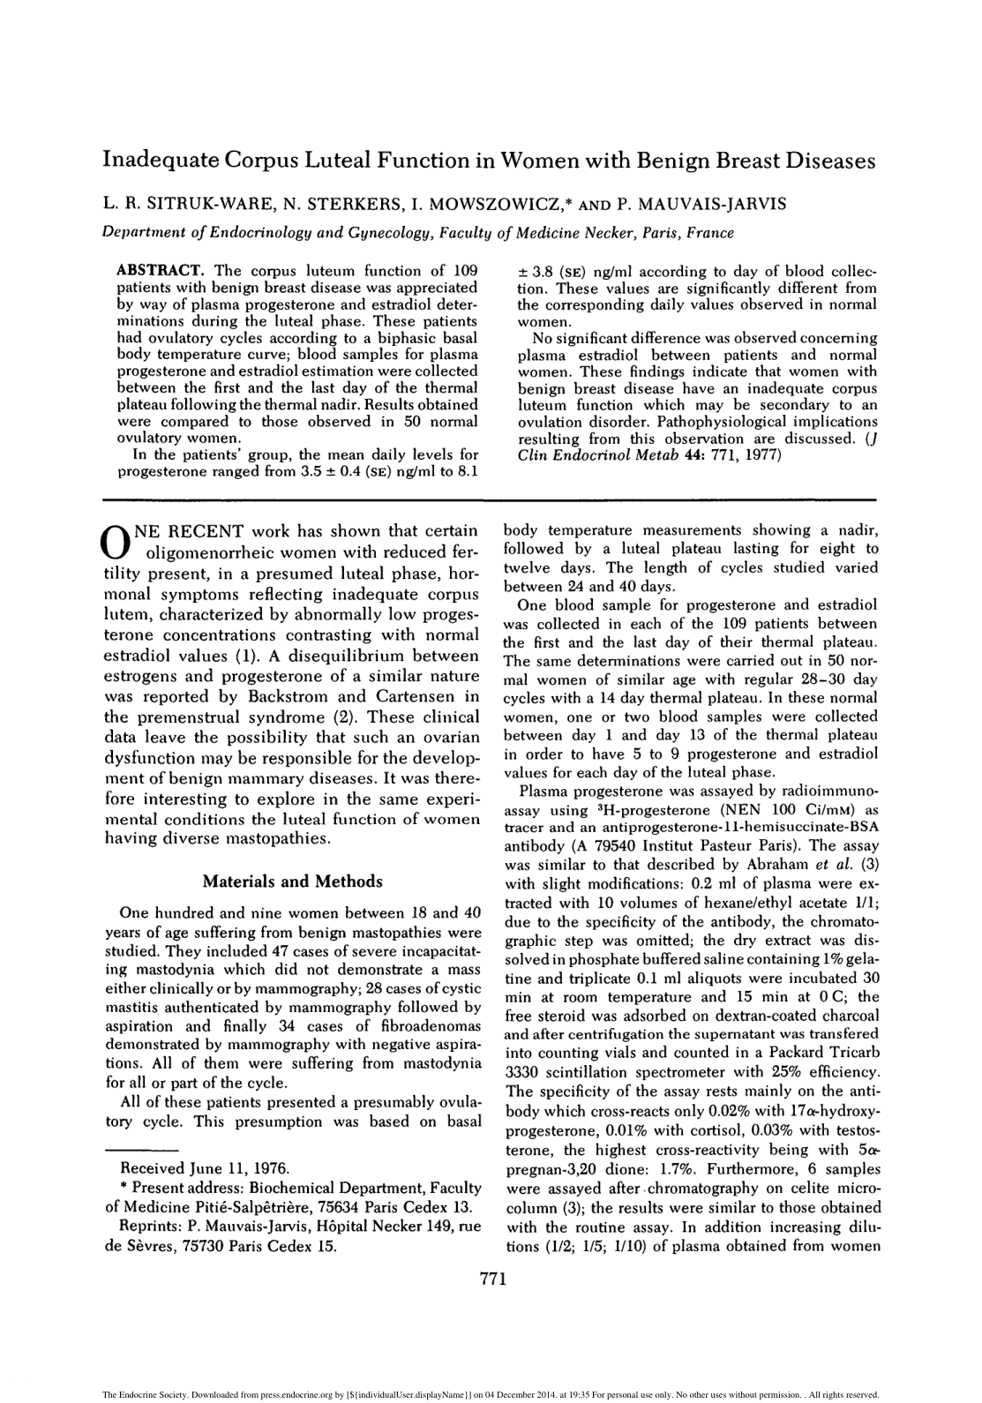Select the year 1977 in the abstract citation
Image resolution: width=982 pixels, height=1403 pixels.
761,455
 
